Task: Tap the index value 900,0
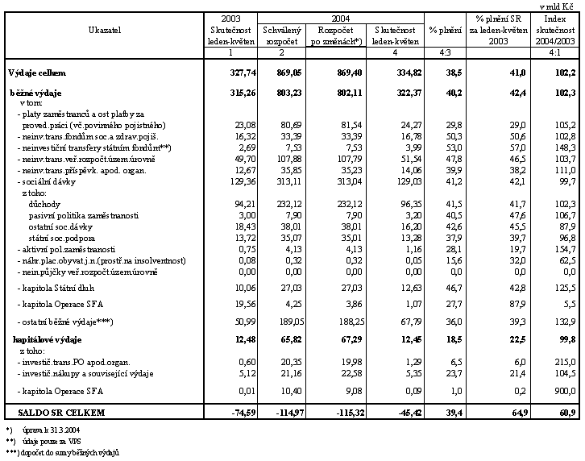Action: click(562, 391)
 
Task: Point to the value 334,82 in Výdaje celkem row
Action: click(402, 73)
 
